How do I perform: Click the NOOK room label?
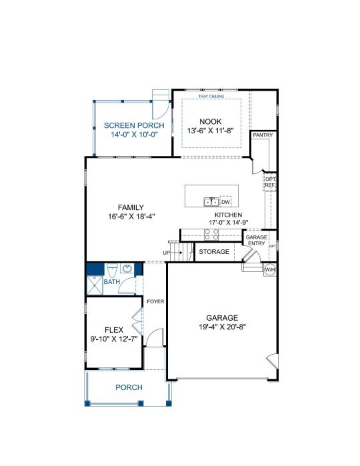pos(211,121)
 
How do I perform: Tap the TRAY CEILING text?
pos(211,96)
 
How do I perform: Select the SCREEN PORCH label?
pos(134,125)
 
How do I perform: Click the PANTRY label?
pos(263,135)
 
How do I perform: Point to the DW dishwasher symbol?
pos(225,202)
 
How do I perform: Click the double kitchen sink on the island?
pos(211,202)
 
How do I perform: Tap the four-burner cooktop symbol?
pos(211,235)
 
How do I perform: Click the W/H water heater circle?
pos(270,270)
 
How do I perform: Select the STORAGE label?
pos(214,252)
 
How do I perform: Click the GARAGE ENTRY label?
pos(256,240)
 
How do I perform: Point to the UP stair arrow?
pos(176,253)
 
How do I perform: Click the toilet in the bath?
pos(112,270)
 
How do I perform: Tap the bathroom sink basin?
pos(127,269)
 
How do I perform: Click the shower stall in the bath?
pos(95,285)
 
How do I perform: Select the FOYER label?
pos(155,301)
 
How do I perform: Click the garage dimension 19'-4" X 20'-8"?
pos(222,327)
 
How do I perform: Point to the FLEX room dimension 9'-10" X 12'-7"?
pos(114,339)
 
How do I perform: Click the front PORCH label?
pos(129,387)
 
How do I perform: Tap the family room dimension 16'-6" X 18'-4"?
pos(131,217)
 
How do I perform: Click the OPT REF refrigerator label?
pos(270,182)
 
